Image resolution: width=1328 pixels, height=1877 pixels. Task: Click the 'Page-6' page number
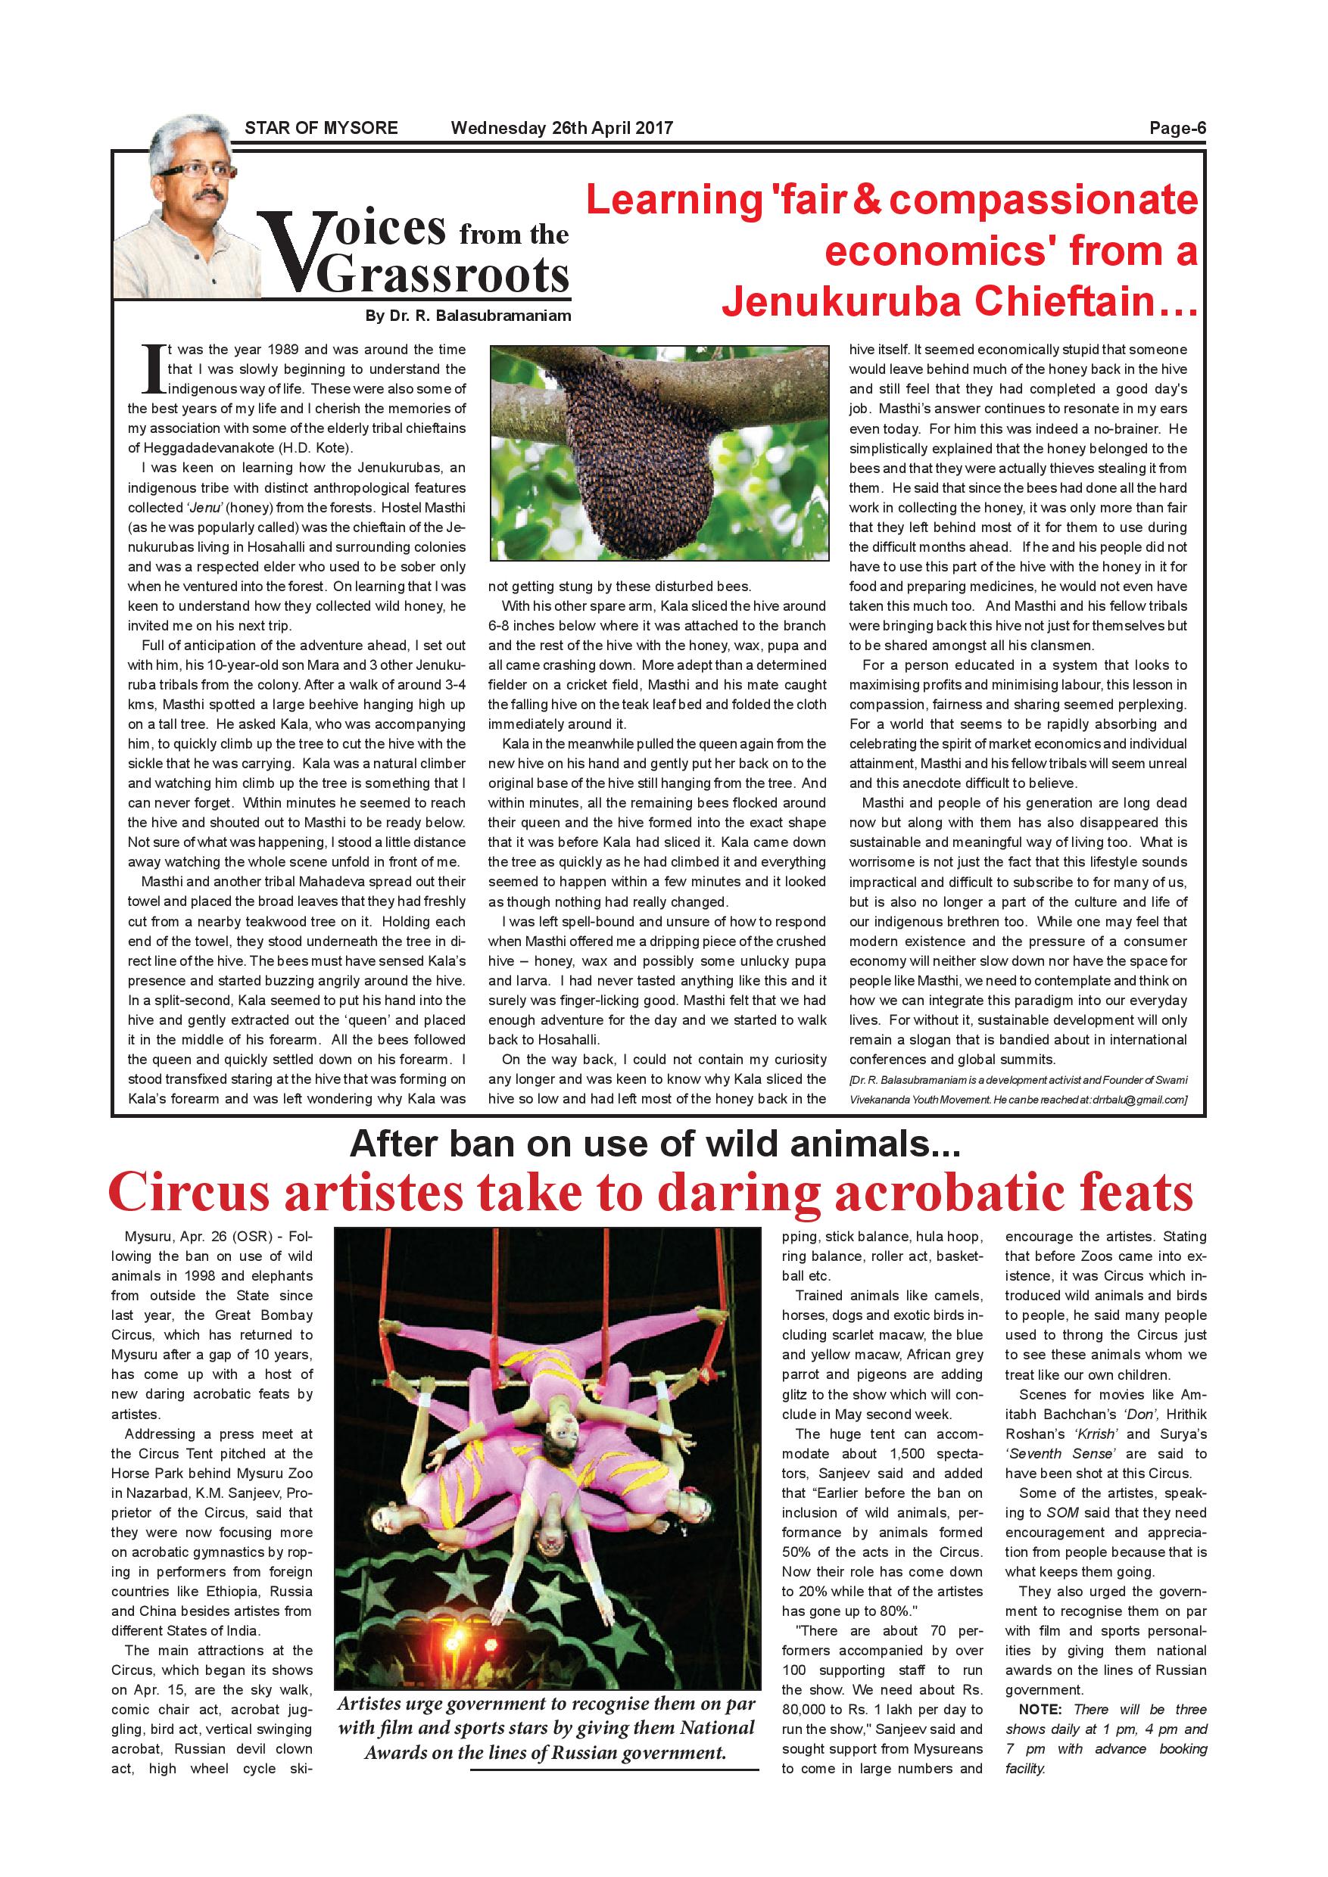[x=1177, y=128]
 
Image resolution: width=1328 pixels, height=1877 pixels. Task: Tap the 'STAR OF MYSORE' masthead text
[x=321, y=128]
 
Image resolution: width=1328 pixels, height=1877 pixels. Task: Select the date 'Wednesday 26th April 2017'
[x=562, y=128]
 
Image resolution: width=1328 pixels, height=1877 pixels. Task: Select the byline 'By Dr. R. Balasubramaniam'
[x=468, y=316]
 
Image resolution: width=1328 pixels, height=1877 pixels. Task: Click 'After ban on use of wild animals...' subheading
[x=654, y=1144]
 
